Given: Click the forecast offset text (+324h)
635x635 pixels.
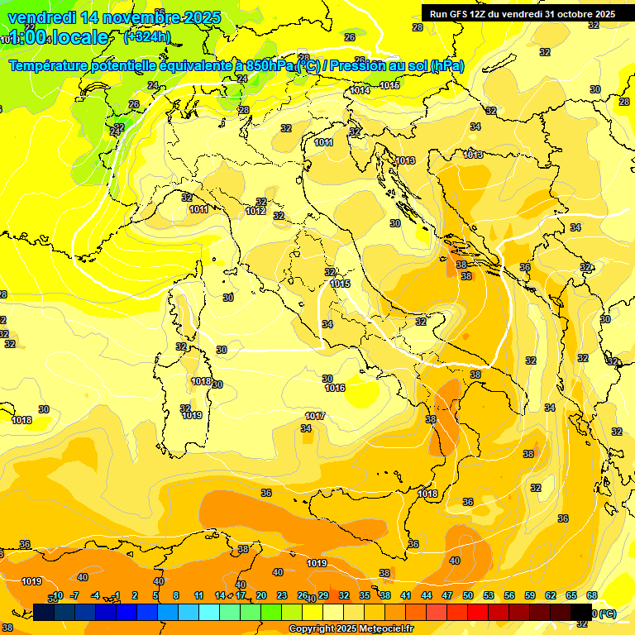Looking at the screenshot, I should [146, 36].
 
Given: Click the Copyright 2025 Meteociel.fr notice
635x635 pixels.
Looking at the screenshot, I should [351, 629].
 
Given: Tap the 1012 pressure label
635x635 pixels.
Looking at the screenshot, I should [255, 212].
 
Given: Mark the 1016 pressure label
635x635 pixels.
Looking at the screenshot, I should [335, 388].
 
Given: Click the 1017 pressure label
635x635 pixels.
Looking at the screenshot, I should [315, 416].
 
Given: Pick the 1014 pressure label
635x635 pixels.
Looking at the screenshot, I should [360, 90].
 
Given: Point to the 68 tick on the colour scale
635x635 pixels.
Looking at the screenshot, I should [592, 595].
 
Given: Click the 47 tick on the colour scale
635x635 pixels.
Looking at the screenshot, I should [447, 595].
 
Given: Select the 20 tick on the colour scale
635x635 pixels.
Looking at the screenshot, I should [261, 595].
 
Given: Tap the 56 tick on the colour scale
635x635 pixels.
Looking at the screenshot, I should [509, 595].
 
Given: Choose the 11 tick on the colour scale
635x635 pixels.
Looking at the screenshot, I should [198, 595].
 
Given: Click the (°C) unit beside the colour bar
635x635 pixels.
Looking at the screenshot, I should [607, 614].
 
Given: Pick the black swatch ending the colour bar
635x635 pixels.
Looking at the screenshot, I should [581, 612].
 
